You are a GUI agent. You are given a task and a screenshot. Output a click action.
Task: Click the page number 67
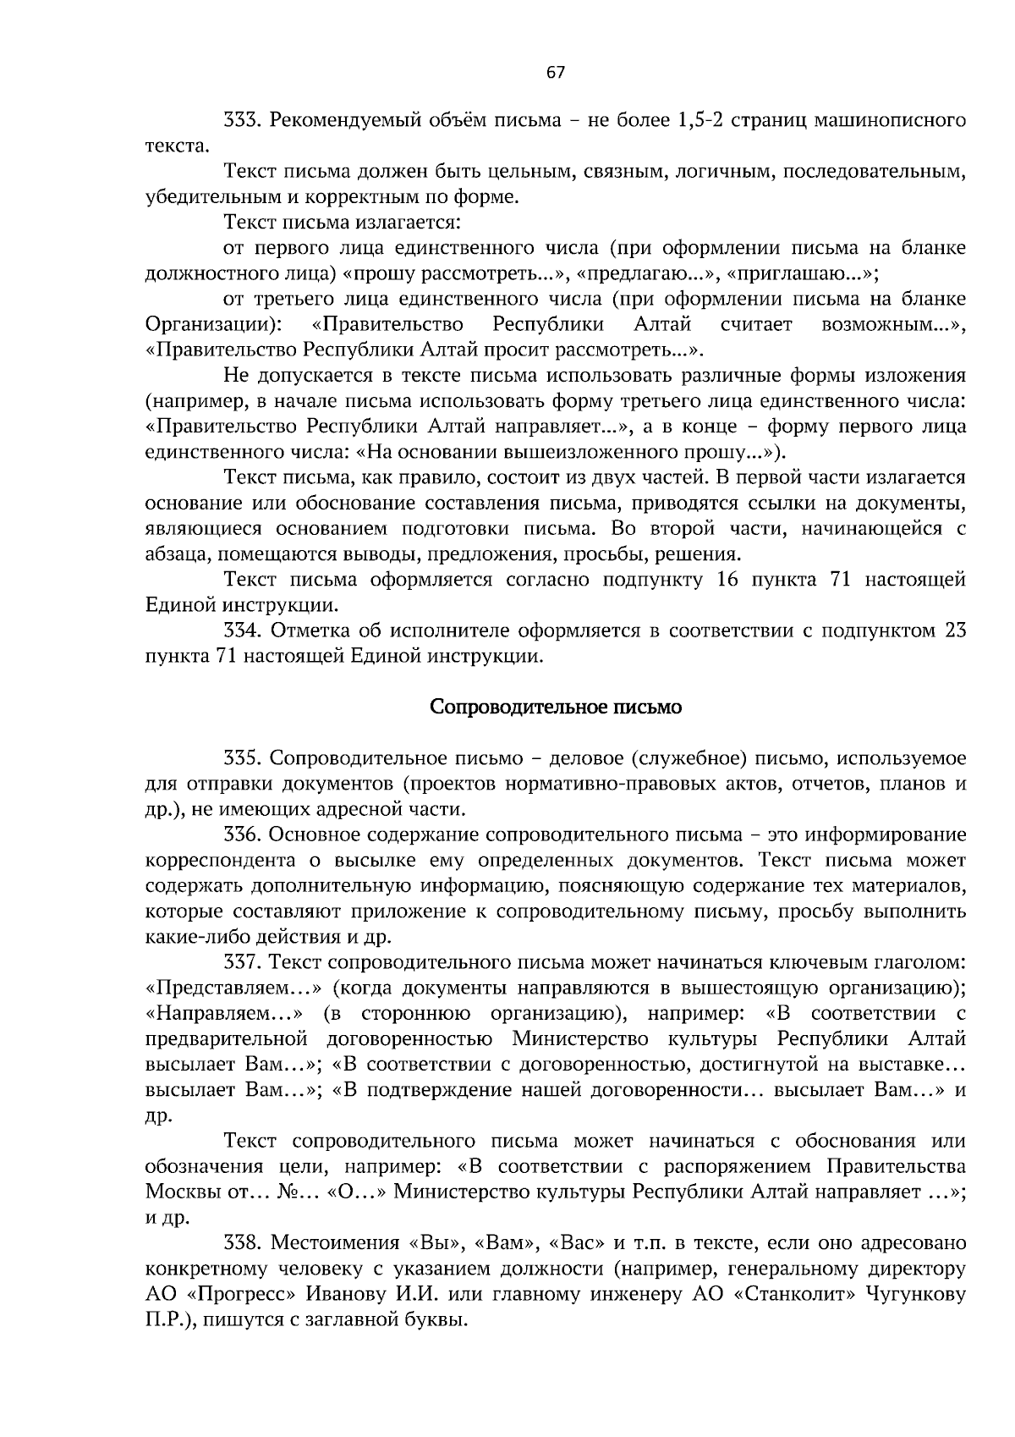click(x=555, y=72)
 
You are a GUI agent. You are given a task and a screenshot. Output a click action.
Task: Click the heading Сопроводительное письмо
click(x=556, y=707)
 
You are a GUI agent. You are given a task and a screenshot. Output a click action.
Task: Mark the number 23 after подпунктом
click(x=955, y=630)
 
